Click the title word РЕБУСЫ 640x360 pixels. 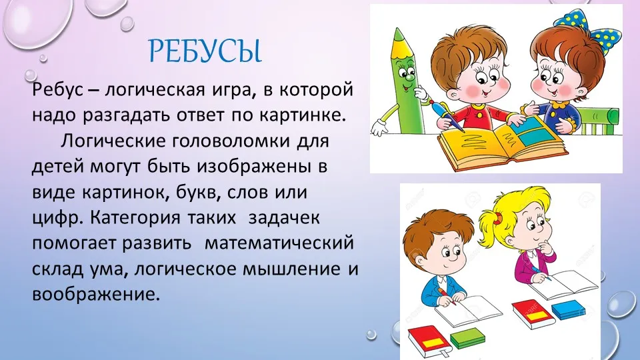click(x=205, y=51)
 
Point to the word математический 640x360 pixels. click(x=279, y=243)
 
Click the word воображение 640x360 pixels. click(x=95, y=294)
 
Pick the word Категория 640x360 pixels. click(x=135, y=218)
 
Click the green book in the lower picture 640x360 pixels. click(x=467, y=338)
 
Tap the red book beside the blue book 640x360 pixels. click(x=531, y=313)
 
